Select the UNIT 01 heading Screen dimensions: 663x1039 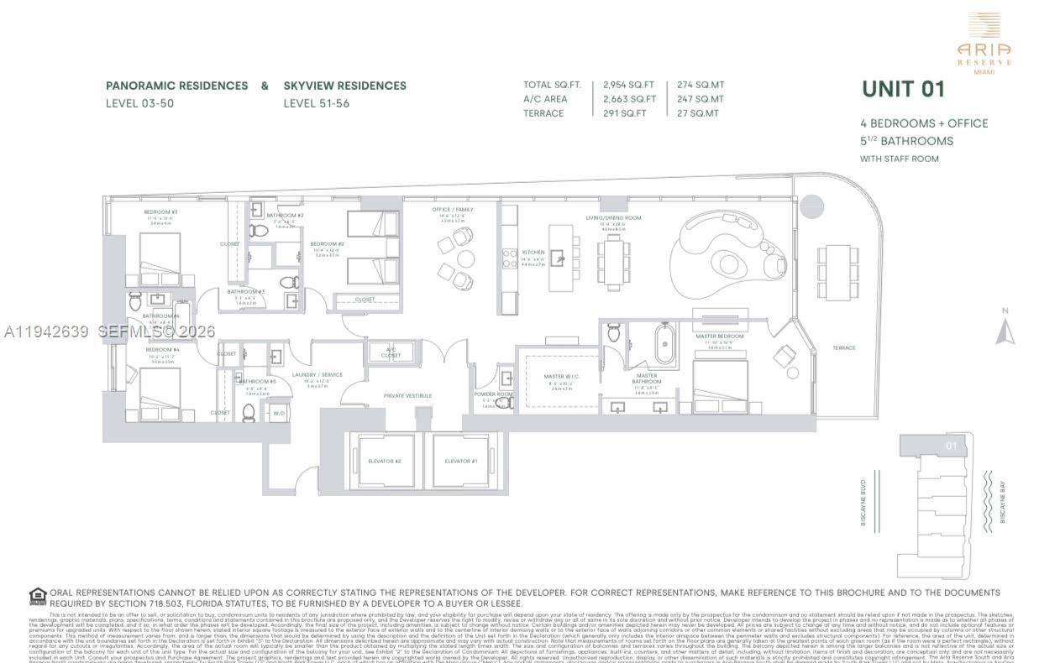[x=903, y=89]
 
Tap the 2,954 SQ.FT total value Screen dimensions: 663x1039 [x=629, y=85]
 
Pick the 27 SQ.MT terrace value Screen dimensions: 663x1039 [x=698, y=113]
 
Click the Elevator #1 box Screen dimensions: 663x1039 [x=461, y=461]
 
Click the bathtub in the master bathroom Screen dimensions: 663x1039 [x=665, y=343]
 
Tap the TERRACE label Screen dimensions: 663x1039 [x=843, y=348]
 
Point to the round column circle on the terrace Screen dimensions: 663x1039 [x=812, y=206]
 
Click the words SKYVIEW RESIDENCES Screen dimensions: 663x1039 [x=344, y=86]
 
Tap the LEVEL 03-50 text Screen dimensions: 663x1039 [x=139, y=104]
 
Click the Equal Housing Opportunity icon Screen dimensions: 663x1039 [x=38, y=597]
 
